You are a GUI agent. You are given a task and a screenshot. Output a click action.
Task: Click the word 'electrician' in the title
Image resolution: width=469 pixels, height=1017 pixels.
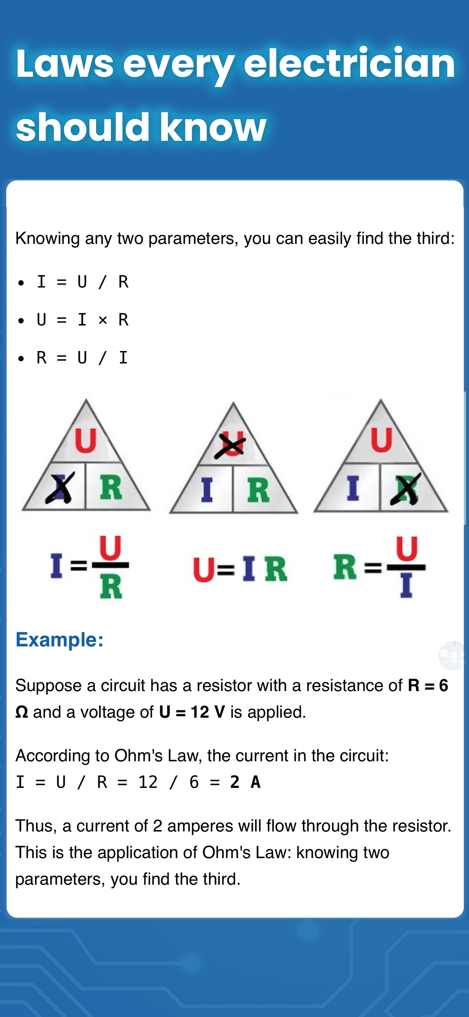pyautogui.click(x=349, y=63)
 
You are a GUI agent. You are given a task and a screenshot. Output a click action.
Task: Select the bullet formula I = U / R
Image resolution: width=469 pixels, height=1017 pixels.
pyautogui.click(x=83, y=282)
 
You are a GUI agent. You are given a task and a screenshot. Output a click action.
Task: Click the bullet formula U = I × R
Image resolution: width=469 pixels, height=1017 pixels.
pyautogui.click(x=83, y=320)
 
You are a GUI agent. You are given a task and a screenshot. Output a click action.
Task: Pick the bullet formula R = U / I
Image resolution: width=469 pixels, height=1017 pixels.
pyautogui.click(x=83, y=358)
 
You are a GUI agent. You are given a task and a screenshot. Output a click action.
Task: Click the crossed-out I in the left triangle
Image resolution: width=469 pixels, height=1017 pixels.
pyautogui.click(x=60, y=488)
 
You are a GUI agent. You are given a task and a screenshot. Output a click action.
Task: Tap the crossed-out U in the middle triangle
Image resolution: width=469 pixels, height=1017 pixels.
pyautogui.click(x=230, y=445)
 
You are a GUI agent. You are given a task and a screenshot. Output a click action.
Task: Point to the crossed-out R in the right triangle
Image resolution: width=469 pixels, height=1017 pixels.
pyautogui.click(x=405, y=489)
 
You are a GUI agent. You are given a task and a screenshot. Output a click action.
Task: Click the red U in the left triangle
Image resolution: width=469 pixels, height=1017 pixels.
pyautogui.click(x=86, y=440)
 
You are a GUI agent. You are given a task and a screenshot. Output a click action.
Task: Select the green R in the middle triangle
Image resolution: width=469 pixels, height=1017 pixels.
pyautogui.click(x=258, y=490)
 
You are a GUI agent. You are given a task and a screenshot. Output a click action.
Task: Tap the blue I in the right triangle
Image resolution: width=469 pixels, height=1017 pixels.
pyautogui.click(x=353, y=488)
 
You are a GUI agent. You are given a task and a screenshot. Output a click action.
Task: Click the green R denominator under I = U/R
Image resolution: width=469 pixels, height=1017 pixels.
pyautogui.click(x=111, y=587)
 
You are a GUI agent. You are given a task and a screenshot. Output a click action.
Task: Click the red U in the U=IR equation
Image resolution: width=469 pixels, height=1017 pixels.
pyautogui.click(x=204, y=569)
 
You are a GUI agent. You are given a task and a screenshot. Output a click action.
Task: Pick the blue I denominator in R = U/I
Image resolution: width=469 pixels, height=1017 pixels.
pyautogui.click(x=406, y=586)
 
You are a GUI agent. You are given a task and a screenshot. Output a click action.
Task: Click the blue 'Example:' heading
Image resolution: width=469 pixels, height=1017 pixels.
pyautogui.click(x=60, y=639)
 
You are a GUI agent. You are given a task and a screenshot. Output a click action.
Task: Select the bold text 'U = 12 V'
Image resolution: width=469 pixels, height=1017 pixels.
pyautogui.click(x=192, y=712)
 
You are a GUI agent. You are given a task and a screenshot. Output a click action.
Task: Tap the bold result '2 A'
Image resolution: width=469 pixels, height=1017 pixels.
pyautogui.click(x=245, y=782)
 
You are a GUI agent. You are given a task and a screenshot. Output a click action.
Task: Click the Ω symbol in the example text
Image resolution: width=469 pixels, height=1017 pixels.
pyautogui.click(x=22, y=712)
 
